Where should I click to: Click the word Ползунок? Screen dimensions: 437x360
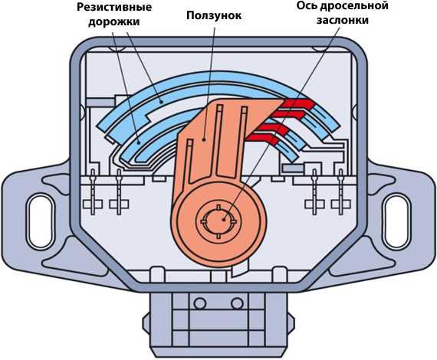click(x=214, y=16)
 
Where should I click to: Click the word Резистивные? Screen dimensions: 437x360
click(x=114, y=7)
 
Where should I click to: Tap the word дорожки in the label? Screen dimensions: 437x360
click(x=114, y=22)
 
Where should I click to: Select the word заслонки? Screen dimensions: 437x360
click(x=343, y=21)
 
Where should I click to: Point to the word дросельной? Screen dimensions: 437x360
click(x=354, y=6)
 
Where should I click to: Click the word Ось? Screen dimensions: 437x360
click(x=307, y=5)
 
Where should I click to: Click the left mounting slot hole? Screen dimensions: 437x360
click(x=41, y=221)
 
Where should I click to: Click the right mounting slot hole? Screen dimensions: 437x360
click(x=396, y=221)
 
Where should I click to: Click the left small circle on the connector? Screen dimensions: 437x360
click(x=200, y=303)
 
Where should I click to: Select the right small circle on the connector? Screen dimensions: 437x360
click(x=237, y=303)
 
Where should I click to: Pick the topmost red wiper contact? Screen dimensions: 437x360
click(x=298, y=103)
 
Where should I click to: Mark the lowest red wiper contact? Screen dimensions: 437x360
click(x=264, y=139)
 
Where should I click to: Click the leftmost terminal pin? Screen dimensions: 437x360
click(x=93, y=191)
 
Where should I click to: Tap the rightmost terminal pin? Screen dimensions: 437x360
click(x=340, y=191)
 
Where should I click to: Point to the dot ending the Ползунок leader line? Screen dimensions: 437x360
click(x=204, y=139)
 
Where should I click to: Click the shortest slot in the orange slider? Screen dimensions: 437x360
click(x=189, y=162)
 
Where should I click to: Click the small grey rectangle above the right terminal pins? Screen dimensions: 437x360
click(x=293, y=169)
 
